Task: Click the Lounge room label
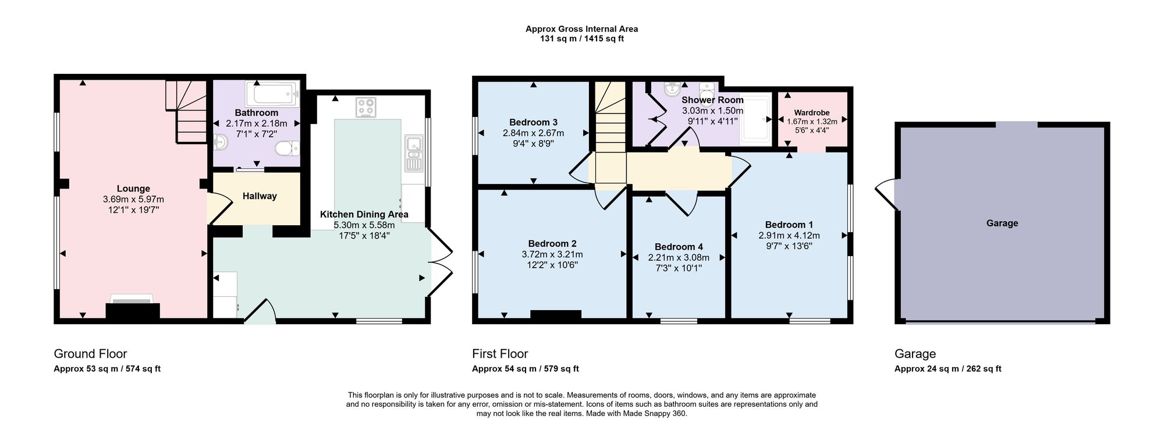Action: coord(133,189)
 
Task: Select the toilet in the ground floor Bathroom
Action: coord(288,149)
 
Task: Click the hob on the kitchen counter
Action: coord(366,108)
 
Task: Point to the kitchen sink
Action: coord(414,153)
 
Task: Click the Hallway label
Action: coord(260,196)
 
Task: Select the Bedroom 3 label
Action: coord(533,122)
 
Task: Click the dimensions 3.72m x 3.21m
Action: coord(552,254)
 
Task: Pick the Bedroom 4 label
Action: coord(679,247)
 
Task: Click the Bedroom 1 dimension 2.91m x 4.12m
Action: coord(789,236)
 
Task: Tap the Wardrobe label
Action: coord(812,113)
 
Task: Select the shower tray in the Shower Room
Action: coord(755,118)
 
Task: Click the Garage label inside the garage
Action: coord(1002,223)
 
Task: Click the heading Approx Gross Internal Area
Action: coord(581,29)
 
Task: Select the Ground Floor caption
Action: coord(90,354)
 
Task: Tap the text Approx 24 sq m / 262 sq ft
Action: coord(947,368)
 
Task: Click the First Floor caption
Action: coord(500,354)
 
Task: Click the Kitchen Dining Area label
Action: coord(364,214)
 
